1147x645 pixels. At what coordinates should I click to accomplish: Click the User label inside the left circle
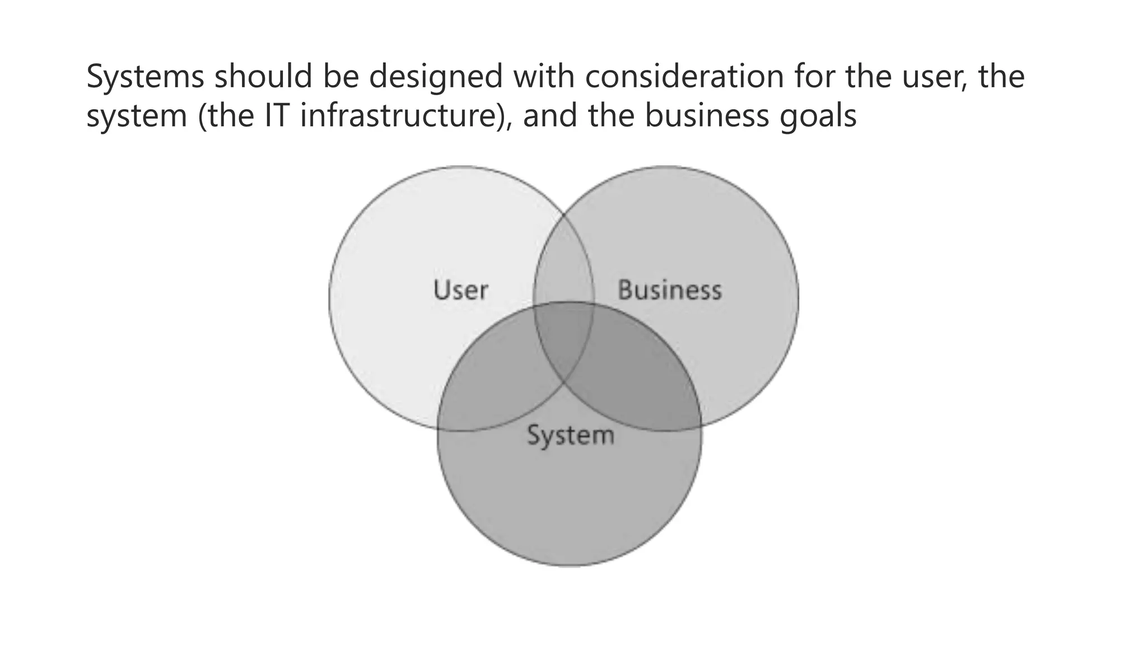tap(460, 290)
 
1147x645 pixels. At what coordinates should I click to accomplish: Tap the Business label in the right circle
tap(669, 290)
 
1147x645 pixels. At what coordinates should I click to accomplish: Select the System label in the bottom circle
tap(570, 436)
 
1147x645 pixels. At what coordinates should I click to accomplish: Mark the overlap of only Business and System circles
tap(633, 381)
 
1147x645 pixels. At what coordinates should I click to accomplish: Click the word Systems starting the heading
tap(145, 77)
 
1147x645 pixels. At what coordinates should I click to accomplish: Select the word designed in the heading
tap(436, 77)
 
